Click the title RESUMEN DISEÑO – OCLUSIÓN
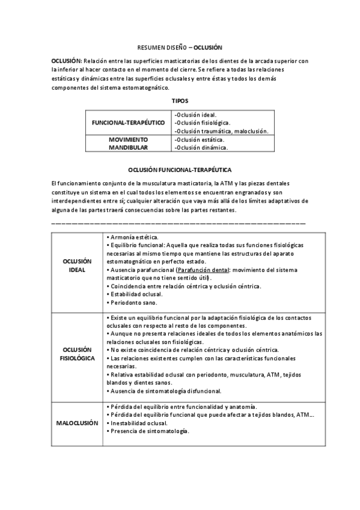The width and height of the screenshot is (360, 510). (x=180, y=47)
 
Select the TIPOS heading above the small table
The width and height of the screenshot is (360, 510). (x=180, y=100)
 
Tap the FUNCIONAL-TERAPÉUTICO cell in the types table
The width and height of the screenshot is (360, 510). (x=128, y=122)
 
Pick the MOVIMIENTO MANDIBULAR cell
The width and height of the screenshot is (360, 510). (x=128, y=143)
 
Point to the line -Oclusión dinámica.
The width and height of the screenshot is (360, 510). (x=201, y=147)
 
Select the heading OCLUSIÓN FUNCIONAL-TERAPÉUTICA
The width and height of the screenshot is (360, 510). (x=180, y=170)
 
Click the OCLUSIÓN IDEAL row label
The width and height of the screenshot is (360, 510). (x=77, y=265)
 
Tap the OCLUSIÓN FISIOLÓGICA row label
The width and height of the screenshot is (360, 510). (x=77, y=353)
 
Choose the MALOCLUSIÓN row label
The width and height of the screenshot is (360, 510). (x=77, y=423)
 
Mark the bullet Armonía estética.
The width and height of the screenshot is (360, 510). (x=133, y=238)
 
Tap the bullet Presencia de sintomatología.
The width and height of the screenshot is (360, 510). (x=148, y=431)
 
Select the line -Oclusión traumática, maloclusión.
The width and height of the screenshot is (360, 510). (x=221, y=131)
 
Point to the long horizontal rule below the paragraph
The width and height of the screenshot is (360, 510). (x=179, y=223)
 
